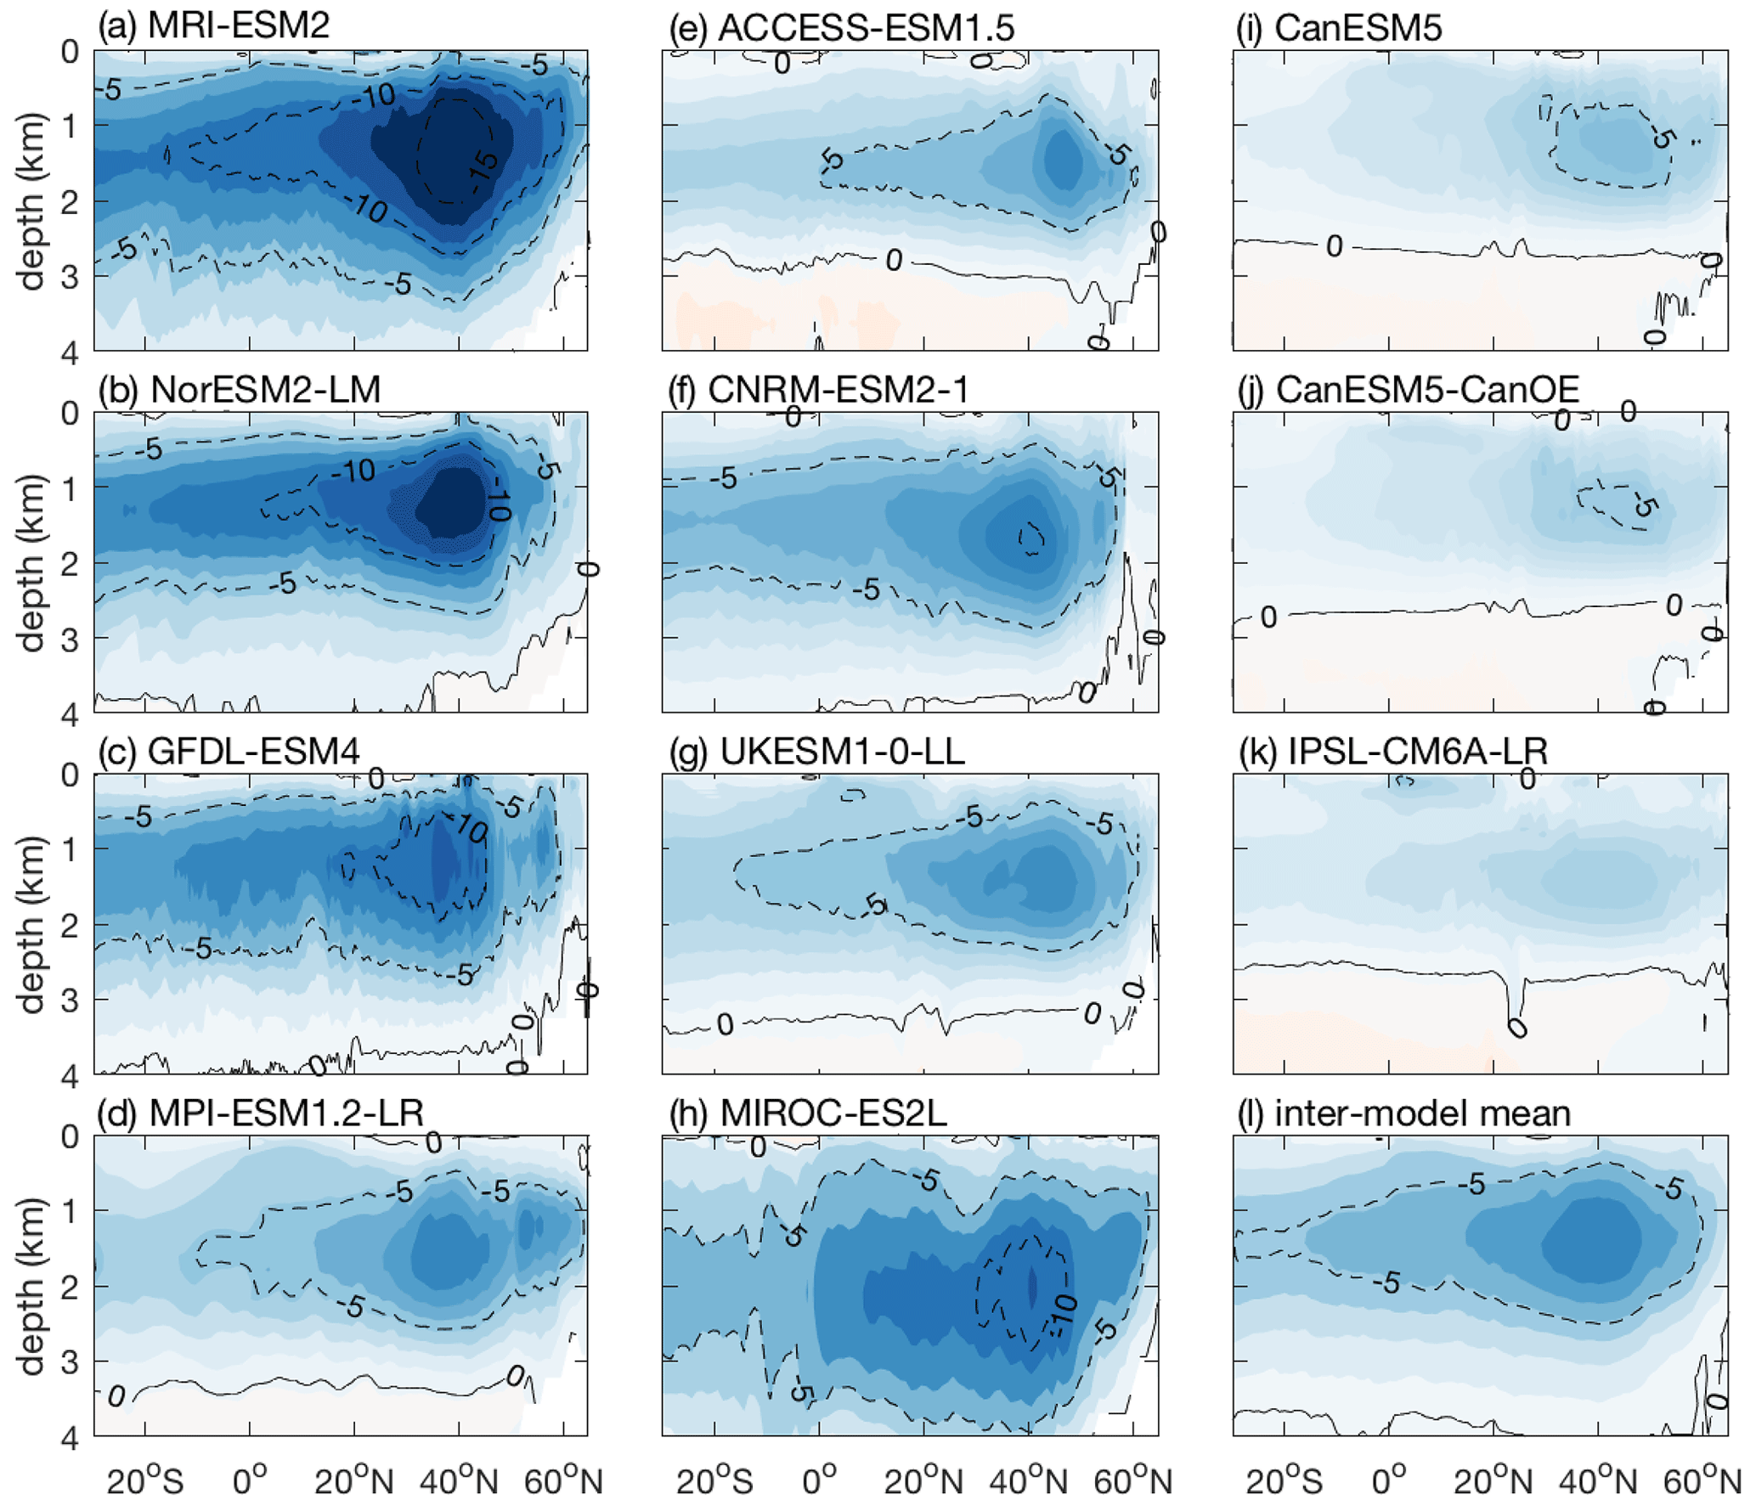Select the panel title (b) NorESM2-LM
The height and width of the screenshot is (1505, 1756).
coord(239,389)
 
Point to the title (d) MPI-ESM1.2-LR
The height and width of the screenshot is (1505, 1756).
coord(260,1113)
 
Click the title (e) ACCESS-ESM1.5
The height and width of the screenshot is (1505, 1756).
coord(841,28)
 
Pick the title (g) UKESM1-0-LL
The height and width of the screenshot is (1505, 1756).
coord(816,751)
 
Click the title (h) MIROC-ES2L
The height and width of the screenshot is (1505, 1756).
coord(807,1113)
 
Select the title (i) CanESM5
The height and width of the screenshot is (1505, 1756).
coord(1338,28)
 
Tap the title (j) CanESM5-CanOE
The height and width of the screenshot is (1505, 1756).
coord(1407,389)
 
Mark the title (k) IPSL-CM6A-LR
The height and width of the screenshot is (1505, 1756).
coord(1392,751)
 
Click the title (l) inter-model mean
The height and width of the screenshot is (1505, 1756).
coord(1402,1113)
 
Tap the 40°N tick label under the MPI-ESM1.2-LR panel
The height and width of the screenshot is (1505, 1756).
coord(459,1482)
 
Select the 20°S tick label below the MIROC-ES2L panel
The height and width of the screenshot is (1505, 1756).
coord(714,1482)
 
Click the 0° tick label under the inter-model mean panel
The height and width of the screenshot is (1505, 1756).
coord(1388,1482)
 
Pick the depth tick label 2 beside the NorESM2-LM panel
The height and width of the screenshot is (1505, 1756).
coord(70,563)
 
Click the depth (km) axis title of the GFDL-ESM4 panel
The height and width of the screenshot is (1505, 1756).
coord(31,924)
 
